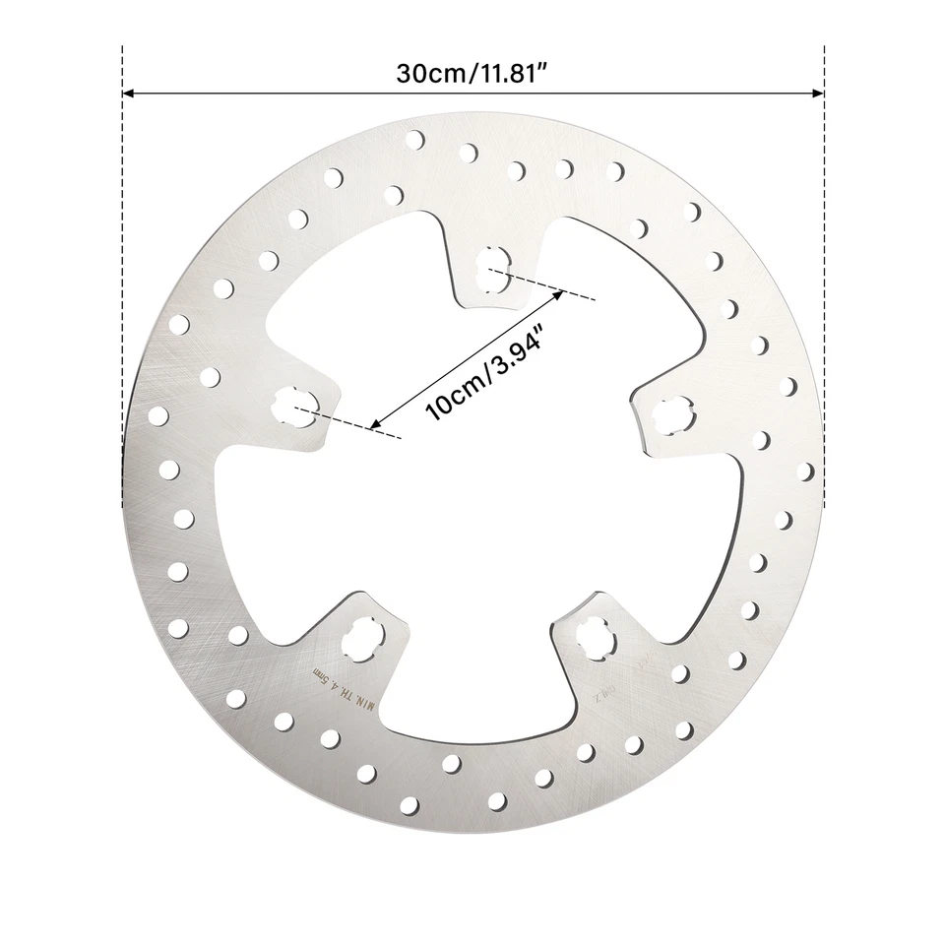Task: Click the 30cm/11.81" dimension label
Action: (472, 74)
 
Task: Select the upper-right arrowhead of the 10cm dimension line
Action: (557, 294)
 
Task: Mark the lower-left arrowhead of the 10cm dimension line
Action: (375, 425)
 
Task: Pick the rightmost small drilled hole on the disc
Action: (805, 472)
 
